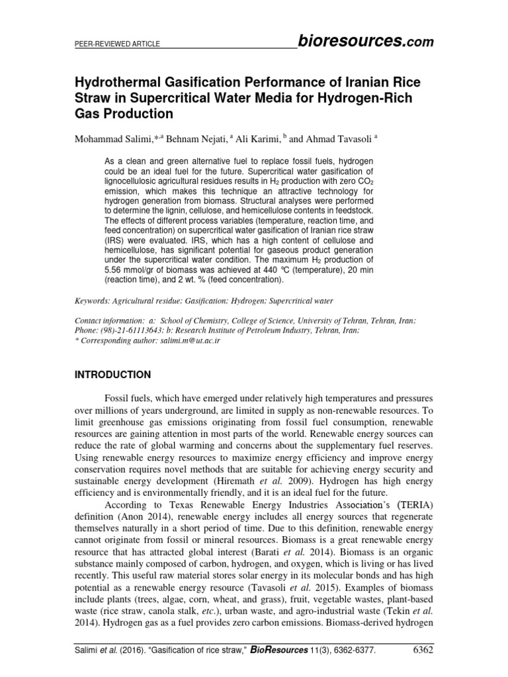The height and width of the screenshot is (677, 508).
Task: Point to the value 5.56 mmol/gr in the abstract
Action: point(137,270)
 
